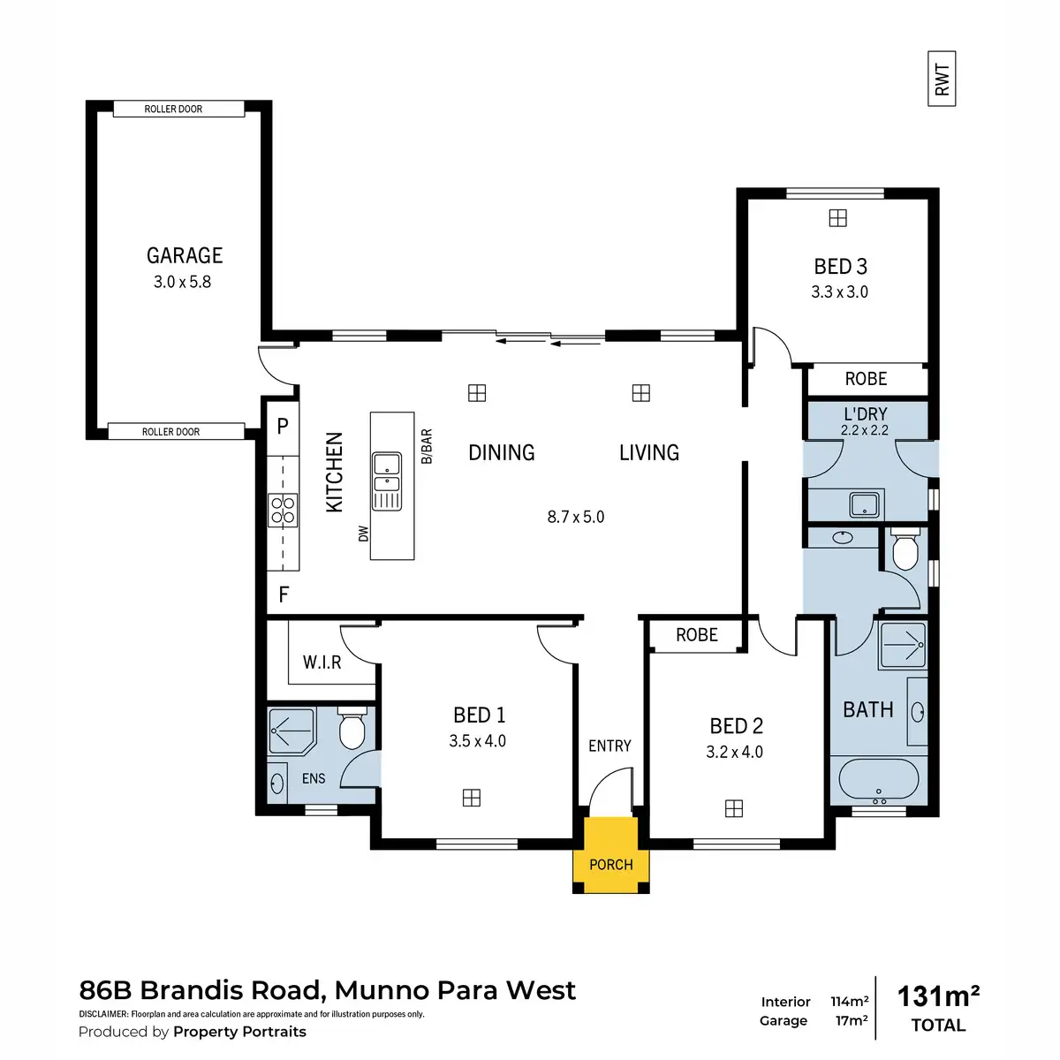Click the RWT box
pos(942,79)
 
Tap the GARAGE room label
pos(184,255)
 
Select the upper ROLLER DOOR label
pos(174,109)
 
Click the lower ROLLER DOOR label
pos(171,432)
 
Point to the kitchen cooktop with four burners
pos(284,511)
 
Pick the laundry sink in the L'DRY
pos(863,505)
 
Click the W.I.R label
pos(322,662)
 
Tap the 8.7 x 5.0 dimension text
pos(575,517)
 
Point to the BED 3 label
pos(840,266)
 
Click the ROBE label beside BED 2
pos(696,635)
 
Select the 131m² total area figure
pos(938,996)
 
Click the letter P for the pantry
pos(283,426)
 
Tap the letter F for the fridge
pos(284,594)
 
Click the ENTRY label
pos(609,746)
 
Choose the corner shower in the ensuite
pos(291,731)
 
